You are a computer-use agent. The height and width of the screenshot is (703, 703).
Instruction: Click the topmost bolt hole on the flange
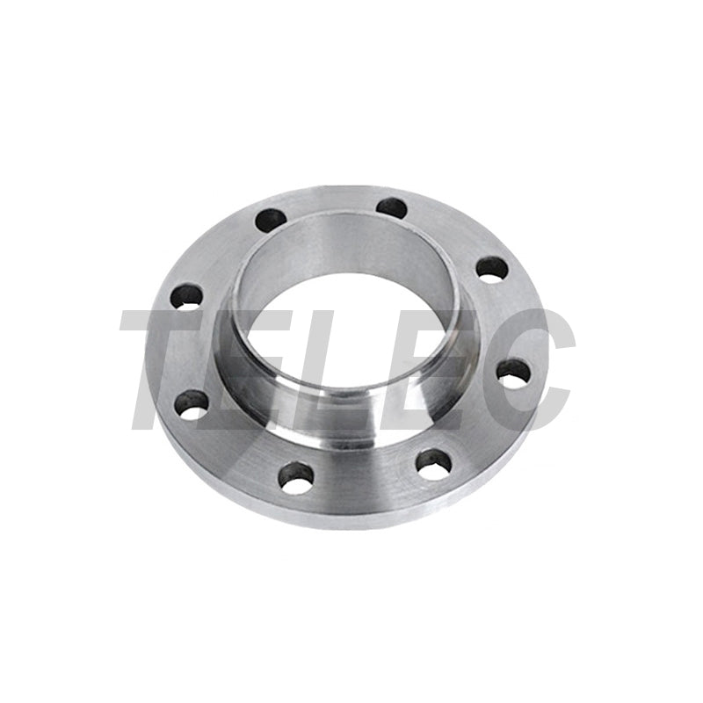pos(392,207)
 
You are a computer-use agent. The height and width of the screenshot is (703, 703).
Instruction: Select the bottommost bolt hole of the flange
pos(295,476)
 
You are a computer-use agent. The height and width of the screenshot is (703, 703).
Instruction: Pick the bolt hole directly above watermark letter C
pos(492,270)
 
